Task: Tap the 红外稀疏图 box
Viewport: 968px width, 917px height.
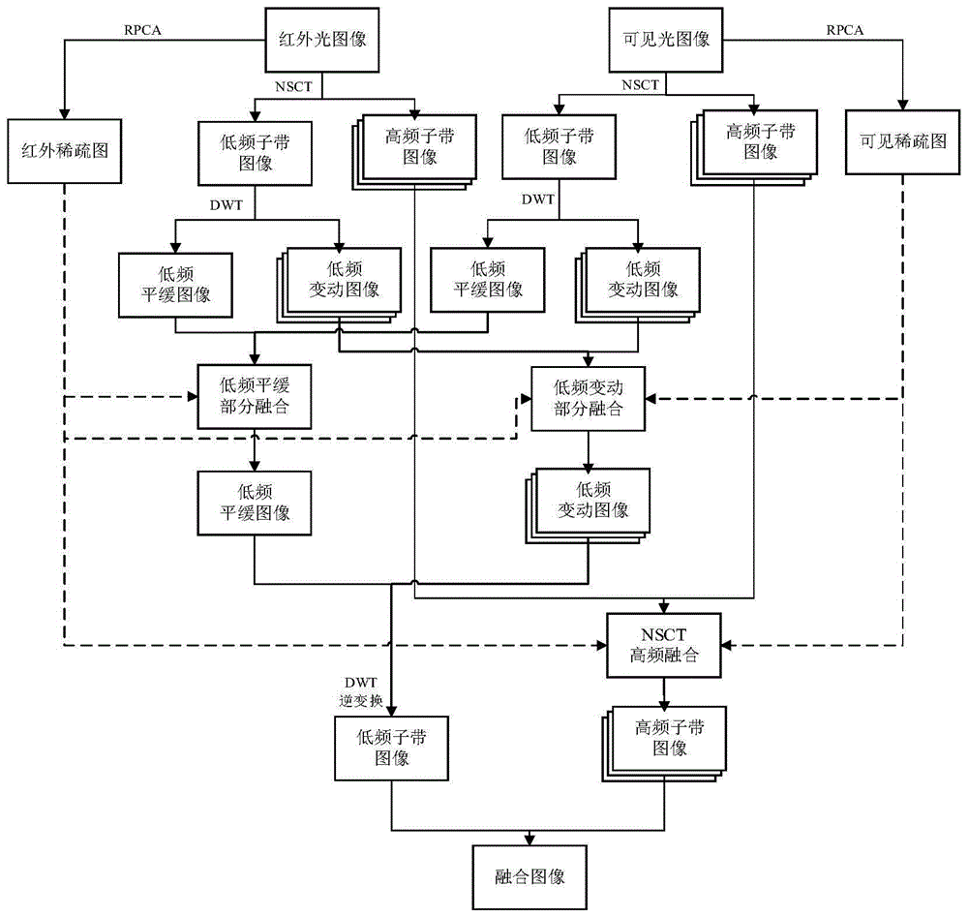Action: tap(64, 150)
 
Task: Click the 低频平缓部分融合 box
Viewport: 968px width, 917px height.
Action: tap(255, 397)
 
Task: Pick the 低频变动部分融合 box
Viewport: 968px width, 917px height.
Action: tap(588, 397)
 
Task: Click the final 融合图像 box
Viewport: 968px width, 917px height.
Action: tap(529, 877)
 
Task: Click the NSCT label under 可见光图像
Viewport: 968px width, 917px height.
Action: tap(640, 85)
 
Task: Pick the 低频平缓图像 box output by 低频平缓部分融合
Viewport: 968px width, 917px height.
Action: tap(255, 503)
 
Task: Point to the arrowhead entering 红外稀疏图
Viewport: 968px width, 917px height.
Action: tap(64, 111)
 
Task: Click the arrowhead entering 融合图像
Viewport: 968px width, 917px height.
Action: tap(529, 839)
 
